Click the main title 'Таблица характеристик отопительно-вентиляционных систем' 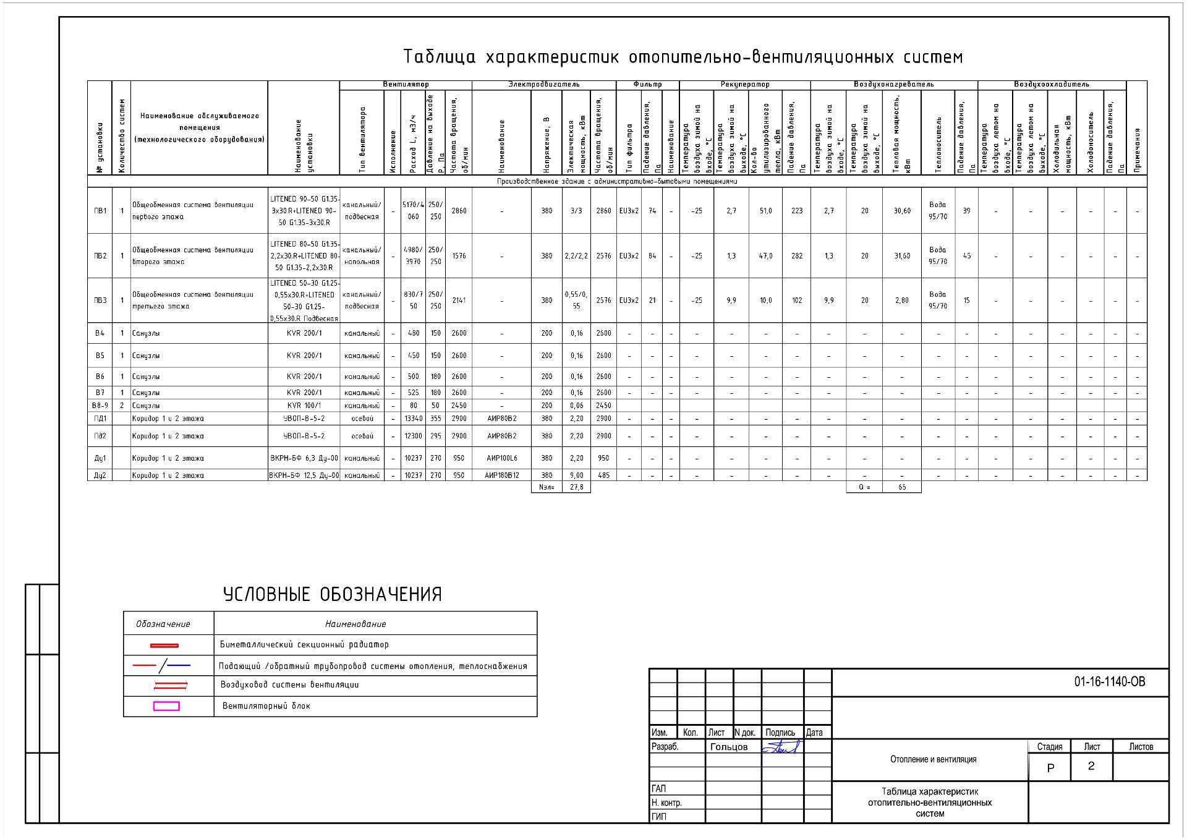coord(683,57)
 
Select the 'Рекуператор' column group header coord(745,84)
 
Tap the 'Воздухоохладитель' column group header coord(1051,84)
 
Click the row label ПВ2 coord(100,256)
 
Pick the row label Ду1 coord(100,458)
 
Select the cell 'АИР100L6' coord(501,458)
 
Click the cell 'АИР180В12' coord(501,475)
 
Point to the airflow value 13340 coord(413,419)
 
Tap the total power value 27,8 coord(576,487)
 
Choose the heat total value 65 coord(902,487)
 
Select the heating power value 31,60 coord(902,256)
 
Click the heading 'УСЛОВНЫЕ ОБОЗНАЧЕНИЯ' coord(332,595)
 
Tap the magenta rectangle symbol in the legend coord(166,706)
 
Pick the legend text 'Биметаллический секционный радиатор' coord(304,645)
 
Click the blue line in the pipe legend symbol coord(179,666)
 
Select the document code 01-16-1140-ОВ coord(1109,682)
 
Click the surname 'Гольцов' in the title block coord(729,747)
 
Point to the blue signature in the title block coord(781,747)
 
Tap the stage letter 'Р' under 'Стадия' coord(1050,768)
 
